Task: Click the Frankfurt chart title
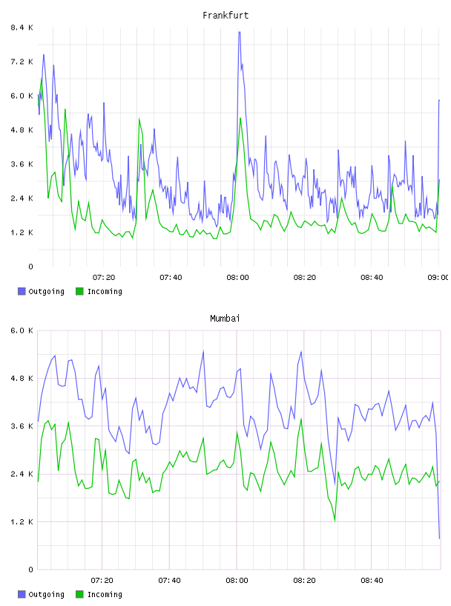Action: pyautogui.click(x=225, y=16)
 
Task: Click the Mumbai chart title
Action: pyautogui.click(x=225, y=319)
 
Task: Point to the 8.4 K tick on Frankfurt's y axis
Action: pyautogui.click(x=22, y=27)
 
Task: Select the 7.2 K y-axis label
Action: pyautogui.click(x=22, y=62)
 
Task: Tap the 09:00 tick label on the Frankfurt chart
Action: pyautogui.click(x=438, y=278)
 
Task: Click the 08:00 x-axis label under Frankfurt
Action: pyautogui.click(x=237, y=278)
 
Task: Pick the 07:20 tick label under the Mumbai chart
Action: pyautogui.click(x=102, y=581)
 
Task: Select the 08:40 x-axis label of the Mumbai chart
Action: pyautogui.click(x=372, y=581)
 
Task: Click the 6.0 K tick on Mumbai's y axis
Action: pyautogui.click(x=22, y=330)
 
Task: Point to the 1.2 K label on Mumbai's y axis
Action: pyautogui.click(x=22, y=522)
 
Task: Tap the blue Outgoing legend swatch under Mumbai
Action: pyautogui.click(x=22, y=594)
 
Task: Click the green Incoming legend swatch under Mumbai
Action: pyautogui.click(x=79, y=594)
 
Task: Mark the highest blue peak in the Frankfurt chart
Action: pyautogui.click(x=240, y=33)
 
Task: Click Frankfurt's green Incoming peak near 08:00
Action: pyautogui.click(x=240, y=118)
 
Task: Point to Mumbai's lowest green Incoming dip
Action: pyautogui.click(x=335, y=521)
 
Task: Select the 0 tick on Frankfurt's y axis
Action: pyautogui.click(x=30, y=267)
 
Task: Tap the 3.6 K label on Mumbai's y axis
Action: pyautogui.click(x=22, y=426)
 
